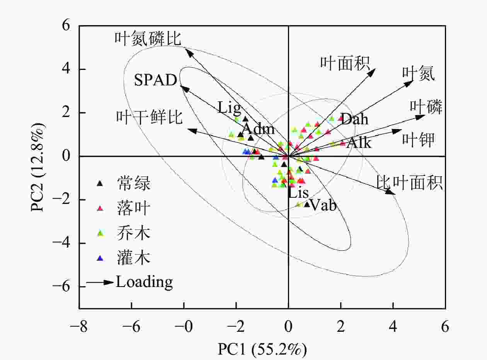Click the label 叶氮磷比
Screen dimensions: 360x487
coord(148,39)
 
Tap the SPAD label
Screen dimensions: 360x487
coord(155,80)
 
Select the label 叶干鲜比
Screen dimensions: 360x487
coord(149,117)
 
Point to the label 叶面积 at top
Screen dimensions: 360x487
coord(345,63)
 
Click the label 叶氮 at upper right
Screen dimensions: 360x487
coord(418,74)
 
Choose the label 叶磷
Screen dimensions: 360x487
coord(426,107)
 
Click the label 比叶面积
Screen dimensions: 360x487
coord(409,183)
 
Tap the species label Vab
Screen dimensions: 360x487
coord(323,205)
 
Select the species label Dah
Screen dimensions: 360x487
coord(354,119)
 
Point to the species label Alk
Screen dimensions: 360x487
coord(359,143)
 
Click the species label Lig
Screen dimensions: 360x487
coord(229,108)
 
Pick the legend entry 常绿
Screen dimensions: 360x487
coord(134,183)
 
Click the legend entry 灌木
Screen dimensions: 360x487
coord(134,258)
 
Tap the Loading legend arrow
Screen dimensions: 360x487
coord(100,282)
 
